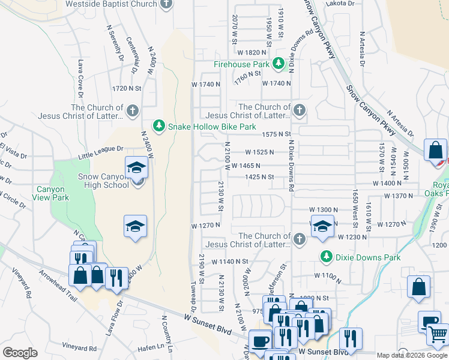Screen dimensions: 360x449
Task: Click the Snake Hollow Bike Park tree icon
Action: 159,127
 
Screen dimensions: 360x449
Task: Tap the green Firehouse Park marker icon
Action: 279,64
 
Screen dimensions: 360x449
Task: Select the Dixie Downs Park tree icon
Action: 327,257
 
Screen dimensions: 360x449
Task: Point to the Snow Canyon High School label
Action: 104,181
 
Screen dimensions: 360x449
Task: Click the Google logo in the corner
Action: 20,353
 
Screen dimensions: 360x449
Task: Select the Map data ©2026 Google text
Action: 412,355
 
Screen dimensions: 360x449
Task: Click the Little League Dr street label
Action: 100,152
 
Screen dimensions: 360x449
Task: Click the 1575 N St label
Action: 276,134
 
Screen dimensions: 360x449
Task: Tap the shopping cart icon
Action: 439,334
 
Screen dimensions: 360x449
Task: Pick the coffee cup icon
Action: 261,341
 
